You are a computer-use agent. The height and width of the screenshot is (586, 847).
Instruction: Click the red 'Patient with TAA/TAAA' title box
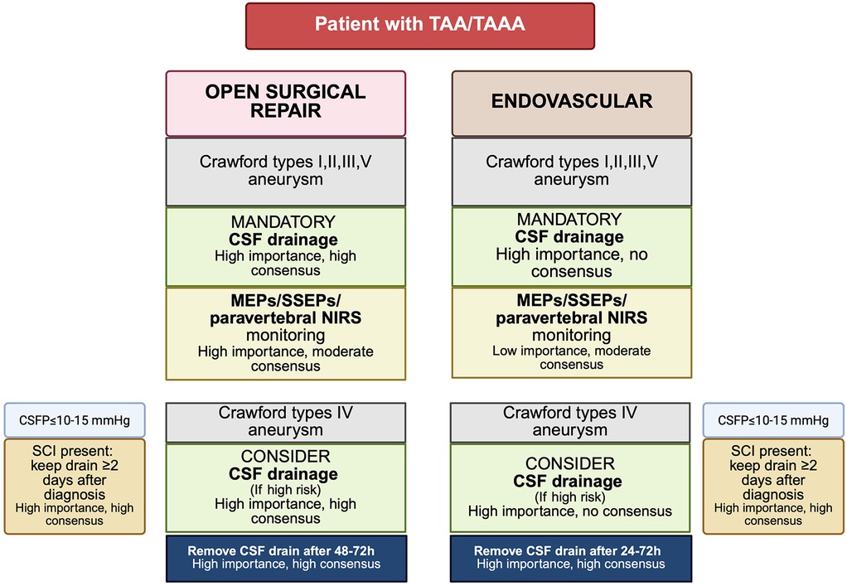click(419, 25)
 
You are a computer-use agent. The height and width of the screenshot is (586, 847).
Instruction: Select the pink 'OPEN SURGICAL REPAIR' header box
click(285, 103)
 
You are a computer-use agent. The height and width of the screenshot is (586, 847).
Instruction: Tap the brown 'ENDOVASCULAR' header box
click(571, 103)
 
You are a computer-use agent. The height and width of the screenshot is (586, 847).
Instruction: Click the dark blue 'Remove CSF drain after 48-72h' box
click(286, 558)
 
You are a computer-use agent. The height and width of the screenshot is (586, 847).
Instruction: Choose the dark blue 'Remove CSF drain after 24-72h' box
click(571, 558)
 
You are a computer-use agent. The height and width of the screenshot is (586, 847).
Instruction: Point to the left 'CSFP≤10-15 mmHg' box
click(75, 420)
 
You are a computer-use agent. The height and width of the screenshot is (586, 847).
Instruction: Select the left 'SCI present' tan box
click(75, 486)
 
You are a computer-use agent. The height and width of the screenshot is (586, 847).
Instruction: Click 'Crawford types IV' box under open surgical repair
click(286, 421)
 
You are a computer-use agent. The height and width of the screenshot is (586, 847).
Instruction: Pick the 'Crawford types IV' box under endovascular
click(571, 421)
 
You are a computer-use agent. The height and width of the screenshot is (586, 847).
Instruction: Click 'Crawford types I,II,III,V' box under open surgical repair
click(286, 171)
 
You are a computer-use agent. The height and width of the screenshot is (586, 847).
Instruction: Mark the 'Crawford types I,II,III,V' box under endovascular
click(571, 171)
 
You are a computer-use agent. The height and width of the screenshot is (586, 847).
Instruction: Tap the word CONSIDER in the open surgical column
click(286, 457)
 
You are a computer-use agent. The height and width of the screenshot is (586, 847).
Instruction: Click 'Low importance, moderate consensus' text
click(571, 358)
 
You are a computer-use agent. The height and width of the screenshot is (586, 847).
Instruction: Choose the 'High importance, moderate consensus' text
click(286, 358)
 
